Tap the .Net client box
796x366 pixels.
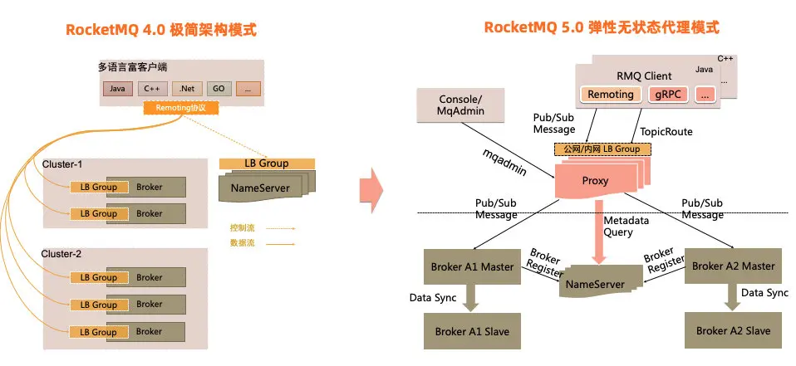point(186,88)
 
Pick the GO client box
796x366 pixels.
point(218,88)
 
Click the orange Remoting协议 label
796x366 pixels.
point(180,108)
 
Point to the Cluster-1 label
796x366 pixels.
point(62,164)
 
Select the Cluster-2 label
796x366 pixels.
point(62,254)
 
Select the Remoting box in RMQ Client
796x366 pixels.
point(611,95)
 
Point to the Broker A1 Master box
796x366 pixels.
point(474,267)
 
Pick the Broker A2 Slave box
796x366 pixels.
point(733,330)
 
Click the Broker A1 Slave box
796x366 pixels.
point(472,331)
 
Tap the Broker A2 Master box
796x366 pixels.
point(733,266)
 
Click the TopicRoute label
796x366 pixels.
point(666,132)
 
